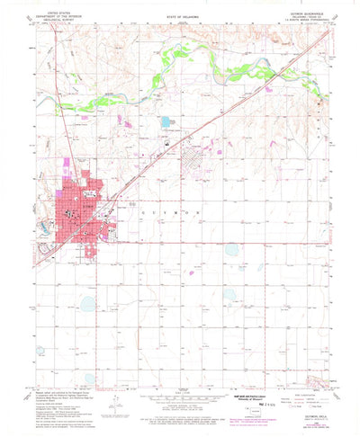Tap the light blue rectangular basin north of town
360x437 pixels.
165,120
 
